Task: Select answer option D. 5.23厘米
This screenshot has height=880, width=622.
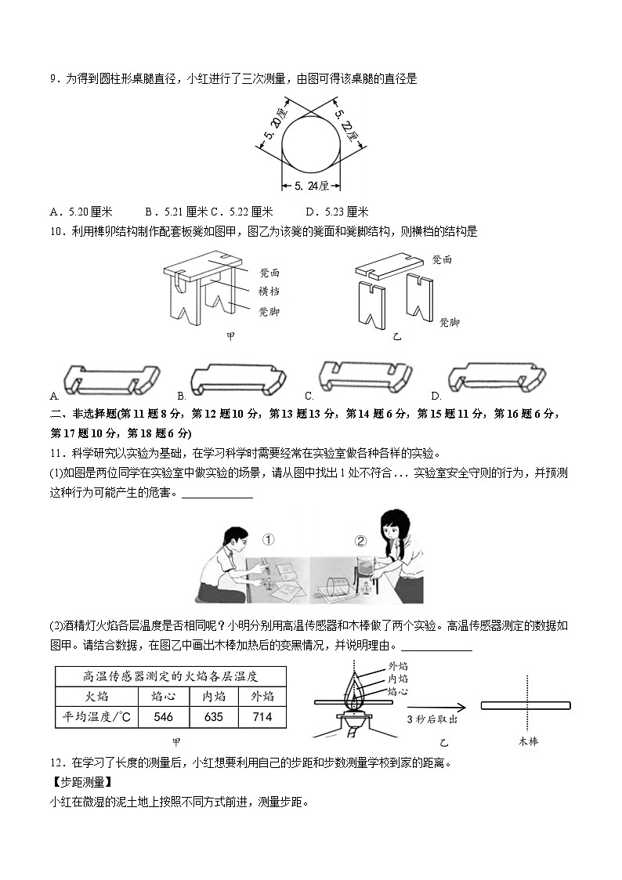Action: click(337, 212)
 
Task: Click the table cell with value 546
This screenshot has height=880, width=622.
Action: click(164, 717)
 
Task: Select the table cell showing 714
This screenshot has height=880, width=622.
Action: click(262, 717)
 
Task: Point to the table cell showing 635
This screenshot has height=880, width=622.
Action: click(213, 717)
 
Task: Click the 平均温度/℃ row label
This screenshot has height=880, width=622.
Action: click(96, 717)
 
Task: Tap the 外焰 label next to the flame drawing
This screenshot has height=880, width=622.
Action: click(397, 666)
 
